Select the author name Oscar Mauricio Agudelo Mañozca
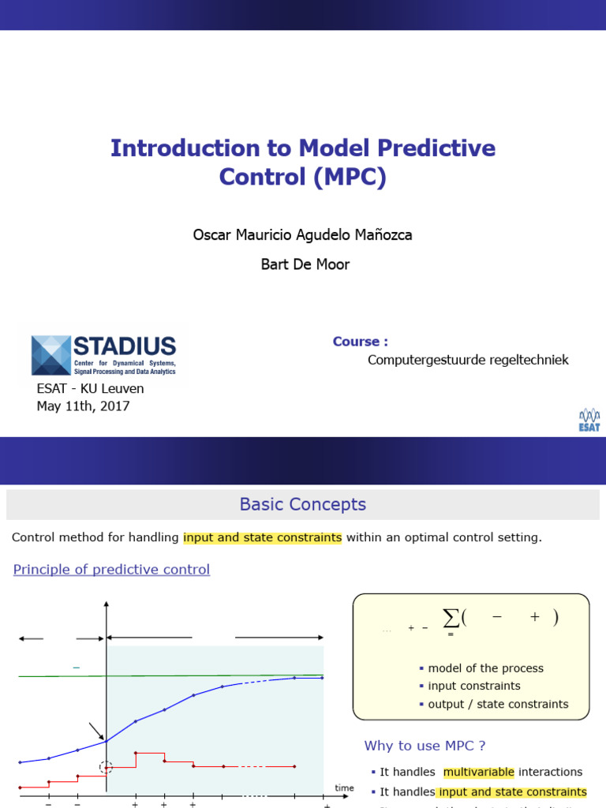pos(303,235)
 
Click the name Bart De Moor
pos(305,264)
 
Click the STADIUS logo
pos(103,355)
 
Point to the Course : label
pos(360,342)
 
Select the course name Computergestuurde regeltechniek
pos(468,361)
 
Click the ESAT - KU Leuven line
pos(90,389)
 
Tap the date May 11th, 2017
pos(83,406)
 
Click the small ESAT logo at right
pos(589,420)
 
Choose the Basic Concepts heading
pos(303,504)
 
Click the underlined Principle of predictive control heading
pos(111,570)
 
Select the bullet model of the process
pos(485,668)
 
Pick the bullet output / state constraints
pos(498,704)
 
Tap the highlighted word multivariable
pos(478,772)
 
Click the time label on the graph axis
pos(344,787)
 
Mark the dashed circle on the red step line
pos(106,767)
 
